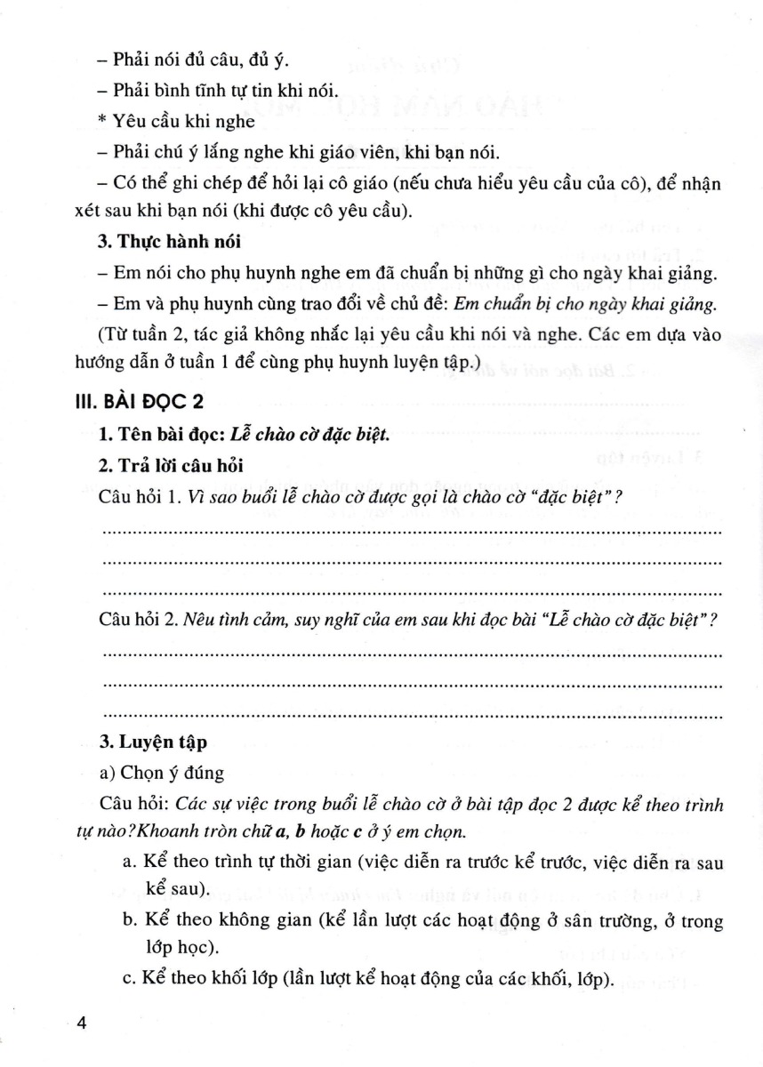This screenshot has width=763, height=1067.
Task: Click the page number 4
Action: point(83,1023)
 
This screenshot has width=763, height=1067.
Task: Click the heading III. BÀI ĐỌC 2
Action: point(140,402)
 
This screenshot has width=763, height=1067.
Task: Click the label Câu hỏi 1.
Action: point(137,499)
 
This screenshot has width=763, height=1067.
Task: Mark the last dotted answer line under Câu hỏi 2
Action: point(413,713)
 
